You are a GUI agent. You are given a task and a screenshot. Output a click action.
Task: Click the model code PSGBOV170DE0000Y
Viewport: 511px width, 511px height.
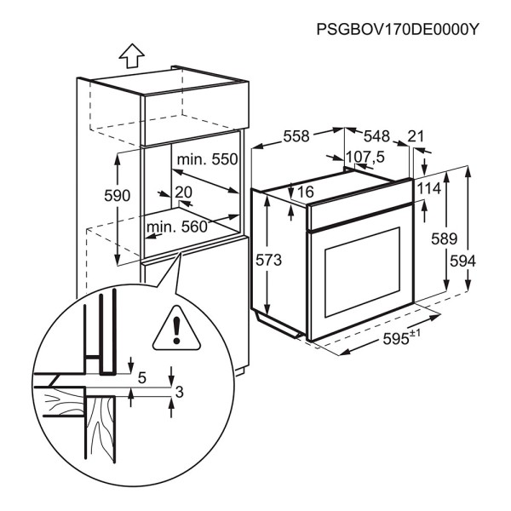point(398,29)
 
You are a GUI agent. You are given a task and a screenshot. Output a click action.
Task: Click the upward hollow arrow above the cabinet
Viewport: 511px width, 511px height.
point(129,55)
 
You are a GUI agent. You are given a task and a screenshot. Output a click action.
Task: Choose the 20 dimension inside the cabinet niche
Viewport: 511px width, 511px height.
point(183,192)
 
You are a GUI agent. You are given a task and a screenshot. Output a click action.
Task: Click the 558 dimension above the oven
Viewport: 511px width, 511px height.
point(297,136)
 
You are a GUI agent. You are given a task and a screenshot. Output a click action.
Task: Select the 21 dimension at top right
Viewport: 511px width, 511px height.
point(416,136)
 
